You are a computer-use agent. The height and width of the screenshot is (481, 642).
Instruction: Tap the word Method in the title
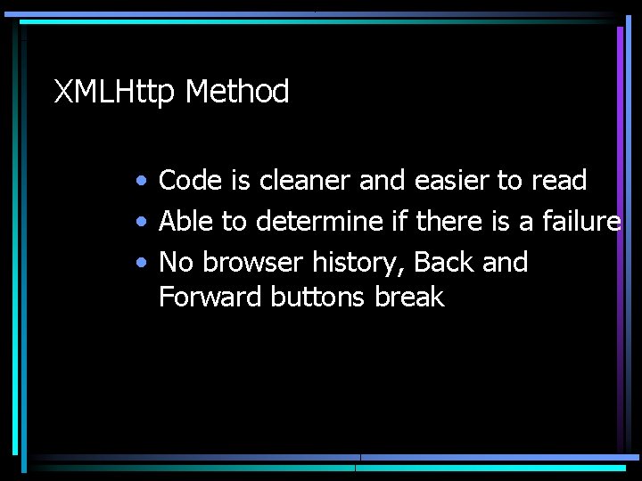click(238, 92)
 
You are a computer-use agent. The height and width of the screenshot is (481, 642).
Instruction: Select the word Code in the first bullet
click(190, 181)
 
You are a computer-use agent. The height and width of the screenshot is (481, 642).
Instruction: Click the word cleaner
click(306, 181)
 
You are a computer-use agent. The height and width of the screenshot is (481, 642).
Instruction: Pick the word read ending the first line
click(558, 181)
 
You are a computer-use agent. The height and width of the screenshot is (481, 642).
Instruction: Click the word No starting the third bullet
click(177, 263)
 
